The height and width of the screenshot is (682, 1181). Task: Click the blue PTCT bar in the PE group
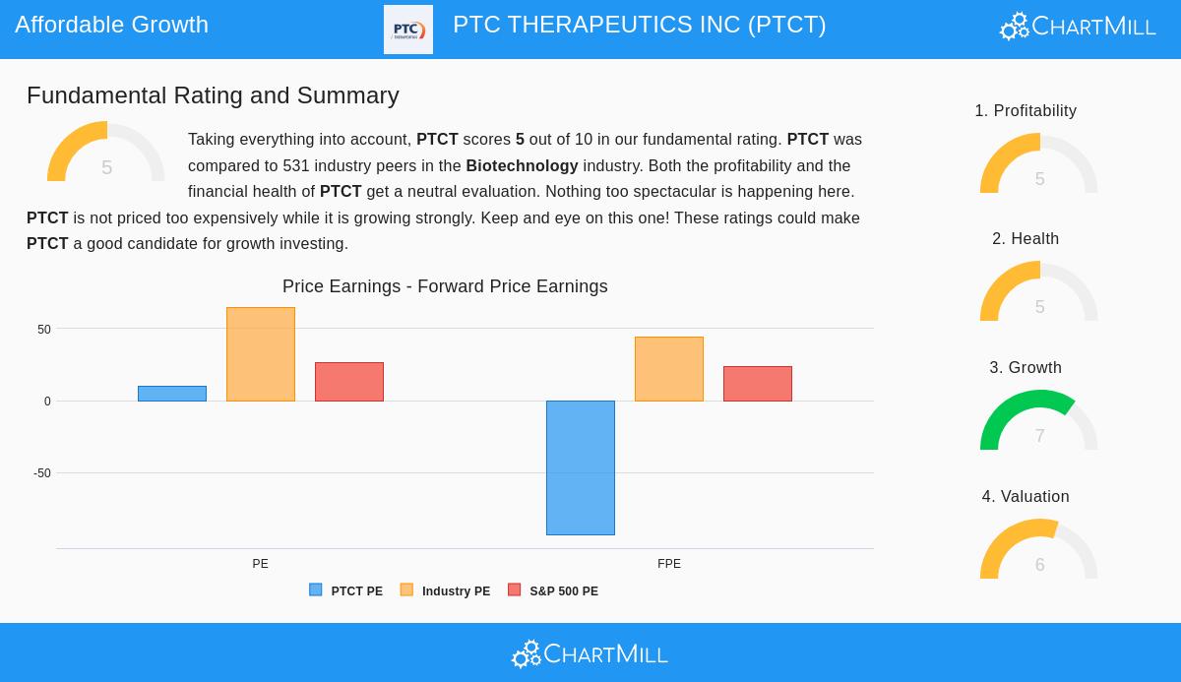(x=172, y=394)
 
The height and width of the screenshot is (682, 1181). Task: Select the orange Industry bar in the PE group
(x=261, y=354)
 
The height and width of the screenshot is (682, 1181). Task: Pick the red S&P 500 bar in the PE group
(x=349, y=382)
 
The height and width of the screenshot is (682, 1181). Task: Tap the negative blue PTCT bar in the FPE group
(x=581, y=467)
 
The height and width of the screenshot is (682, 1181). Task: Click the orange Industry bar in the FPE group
(x=669, y=369)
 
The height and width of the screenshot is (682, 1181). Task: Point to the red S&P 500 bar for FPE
(x=758, y=384)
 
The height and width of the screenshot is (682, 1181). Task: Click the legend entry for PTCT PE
(x=346, y=591)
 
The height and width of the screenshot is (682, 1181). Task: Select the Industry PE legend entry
(x=445, y=591)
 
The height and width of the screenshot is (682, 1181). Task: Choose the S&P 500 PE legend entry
(x=553, y=591)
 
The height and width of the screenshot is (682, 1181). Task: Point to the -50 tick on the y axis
(x=42, y=473)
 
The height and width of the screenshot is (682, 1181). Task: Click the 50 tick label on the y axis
(x=44, y=330)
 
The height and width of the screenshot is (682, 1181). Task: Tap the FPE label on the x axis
(x=669, y=564)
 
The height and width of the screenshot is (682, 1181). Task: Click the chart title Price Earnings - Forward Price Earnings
(x=445, y=286)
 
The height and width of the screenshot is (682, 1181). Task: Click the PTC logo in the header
(x=408, y=30)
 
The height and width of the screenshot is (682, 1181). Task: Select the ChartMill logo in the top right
(x=1078, y=27)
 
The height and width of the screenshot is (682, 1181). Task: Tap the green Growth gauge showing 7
(x=1039, y=421)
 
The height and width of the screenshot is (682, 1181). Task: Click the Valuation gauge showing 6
(x=1039, y=550)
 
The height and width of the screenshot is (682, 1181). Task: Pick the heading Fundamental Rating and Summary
(x=213, y=95)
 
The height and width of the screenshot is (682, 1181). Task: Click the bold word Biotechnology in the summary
(x=522, y=166)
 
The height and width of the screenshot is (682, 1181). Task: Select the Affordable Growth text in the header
(x=112, y=25)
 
